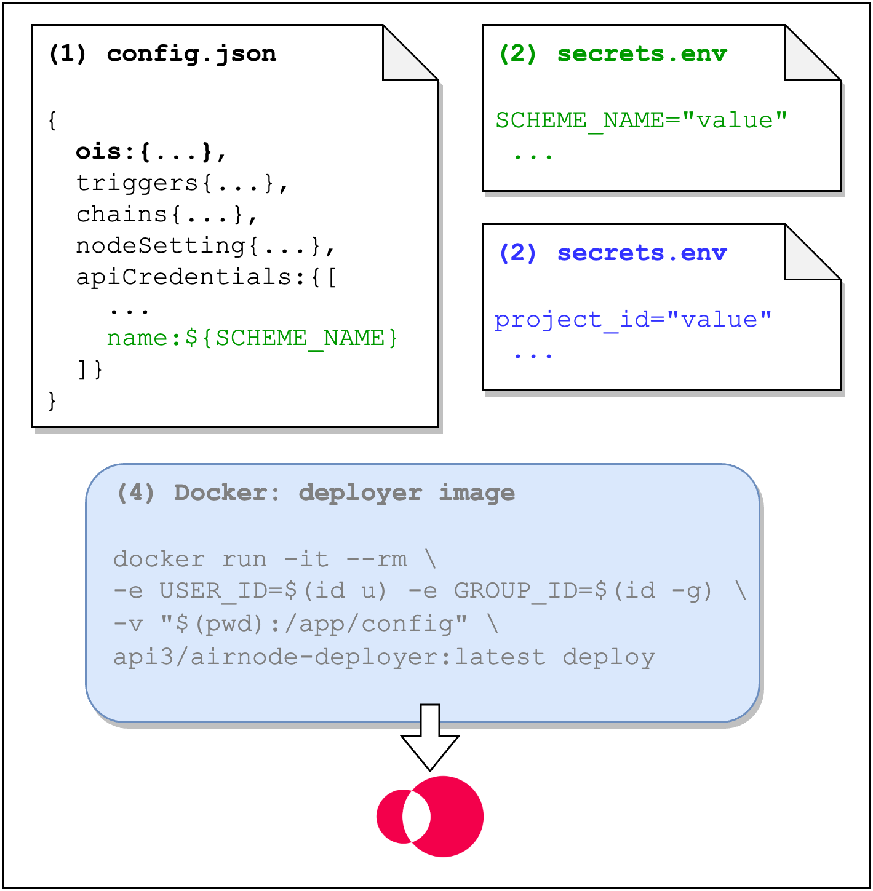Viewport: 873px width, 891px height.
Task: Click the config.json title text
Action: (x=191, y=54)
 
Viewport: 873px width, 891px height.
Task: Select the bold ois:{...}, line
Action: (x=151, y=151)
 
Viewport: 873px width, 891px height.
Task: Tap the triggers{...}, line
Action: (x=182, y=183)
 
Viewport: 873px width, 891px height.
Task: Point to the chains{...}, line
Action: (x=167, y=214)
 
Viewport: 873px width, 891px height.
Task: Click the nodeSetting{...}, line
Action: (x=205, y=245)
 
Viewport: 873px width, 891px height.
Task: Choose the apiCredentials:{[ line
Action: (x=207, y=277)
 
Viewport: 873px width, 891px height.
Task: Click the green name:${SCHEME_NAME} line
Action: (x=252, y=338)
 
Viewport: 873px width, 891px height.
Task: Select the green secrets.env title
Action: (x=642, y=54)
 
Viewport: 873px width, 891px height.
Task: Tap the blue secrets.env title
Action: (x=642, y=253)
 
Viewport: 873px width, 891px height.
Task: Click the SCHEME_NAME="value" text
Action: (x=641, y=120)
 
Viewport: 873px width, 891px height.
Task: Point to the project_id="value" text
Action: (x=633, y=319)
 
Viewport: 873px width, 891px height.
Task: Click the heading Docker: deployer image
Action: (x=345, y=493)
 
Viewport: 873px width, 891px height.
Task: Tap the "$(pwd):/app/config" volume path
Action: (x=314, y=624)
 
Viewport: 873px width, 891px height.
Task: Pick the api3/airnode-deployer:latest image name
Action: (x=329, y=657)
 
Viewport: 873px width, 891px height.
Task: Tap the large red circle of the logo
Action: (x=448, y=817)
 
